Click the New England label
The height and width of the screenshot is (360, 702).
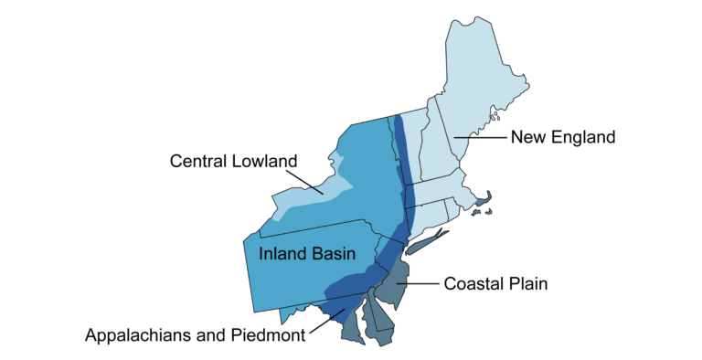click(x=563, y=138)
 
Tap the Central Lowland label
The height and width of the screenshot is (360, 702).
click(x=234, y=162)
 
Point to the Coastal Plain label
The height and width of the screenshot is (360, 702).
click(x=495, y=284)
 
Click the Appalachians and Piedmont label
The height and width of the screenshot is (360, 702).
click(x=195, y=335)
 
